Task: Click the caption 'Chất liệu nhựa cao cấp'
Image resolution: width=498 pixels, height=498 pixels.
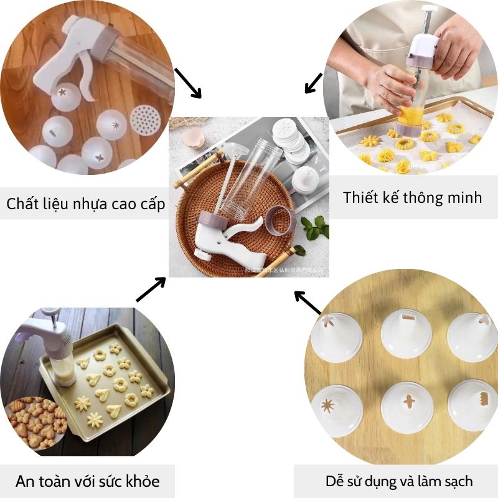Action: (x=86, y=204)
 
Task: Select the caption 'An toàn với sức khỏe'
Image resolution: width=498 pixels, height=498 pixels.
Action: (x=87, y=481)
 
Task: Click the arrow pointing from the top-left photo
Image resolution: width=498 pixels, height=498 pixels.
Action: (x=188, y=83)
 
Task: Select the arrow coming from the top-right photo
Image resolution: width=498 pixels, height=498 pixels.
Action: (x=313, y=83)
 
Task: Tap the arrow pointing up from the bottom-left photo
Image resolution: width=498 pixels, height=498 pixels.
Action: (x=151, y=289)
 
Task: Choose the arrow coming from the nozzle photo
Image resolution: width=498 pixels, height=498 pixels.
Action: (x=308, y=302)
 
